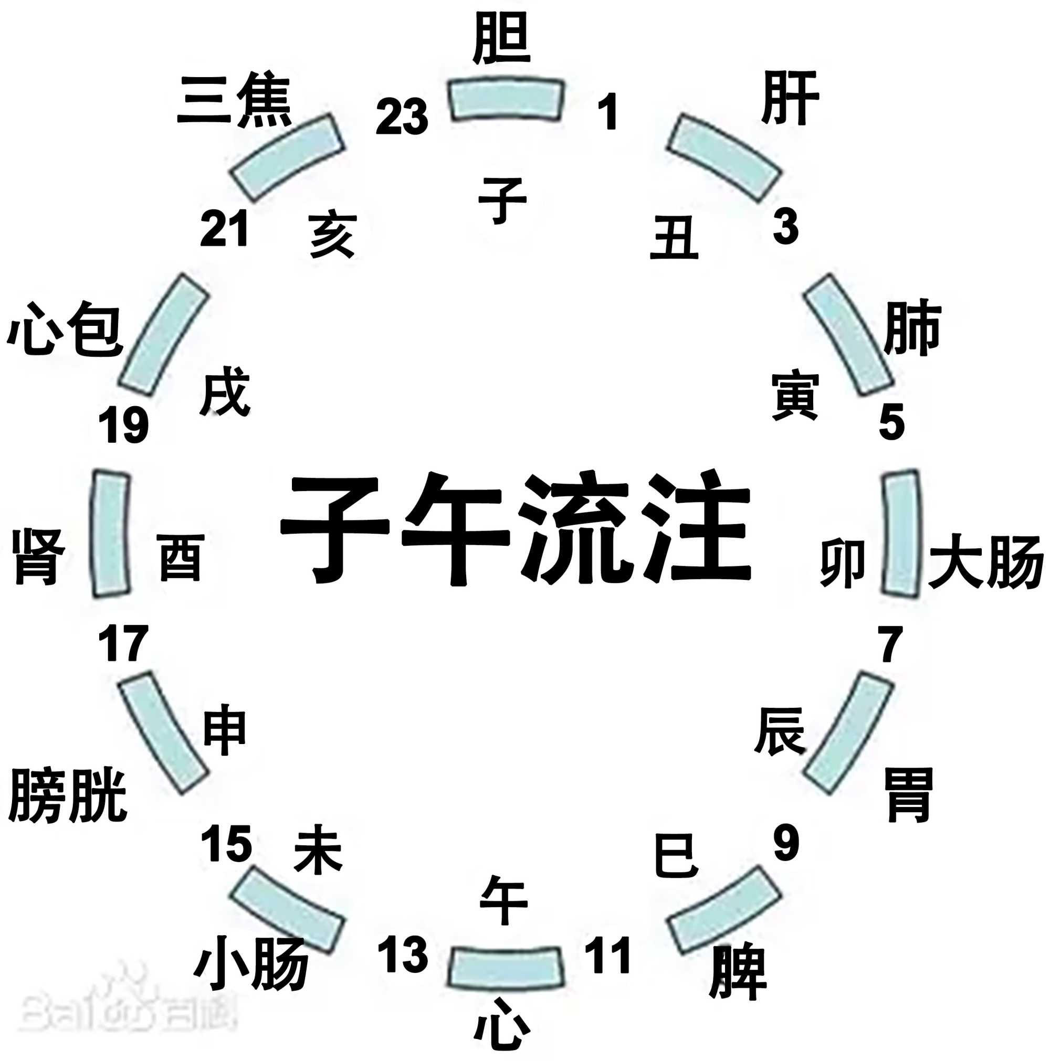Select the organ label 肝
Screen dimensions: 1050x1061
790,98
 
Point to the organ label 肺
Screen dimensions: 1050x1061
912,328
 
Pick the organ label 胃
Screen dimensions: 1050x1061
909,794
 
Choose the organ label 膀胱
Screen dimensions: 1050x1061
68,794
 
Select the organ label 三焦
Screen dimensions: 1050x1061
234,100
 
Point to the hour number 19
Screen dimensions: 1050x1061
123,425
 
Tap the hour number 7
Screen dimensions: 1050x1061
890,644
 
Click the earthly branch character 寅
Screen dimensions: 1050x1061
795,396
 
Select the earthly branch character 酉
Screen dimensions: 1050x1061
181,558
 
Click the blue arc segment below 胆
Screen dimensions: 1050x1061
506,99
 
